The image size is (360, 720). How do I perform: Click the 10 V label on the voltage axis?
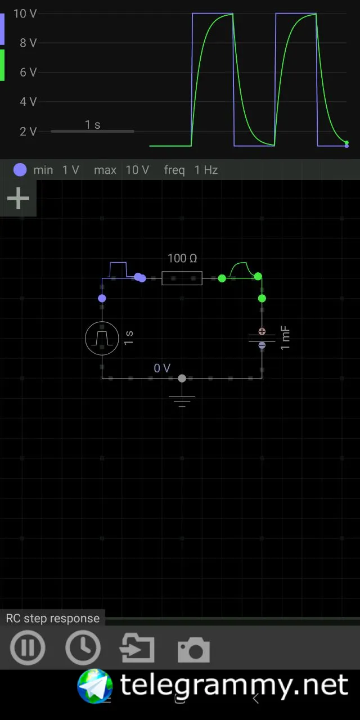25,13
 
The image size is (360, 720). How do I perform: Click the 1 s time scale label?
93,125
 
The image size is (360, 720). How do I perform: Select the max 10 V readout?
121,170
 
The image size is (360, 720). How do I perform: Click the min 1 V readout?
56,170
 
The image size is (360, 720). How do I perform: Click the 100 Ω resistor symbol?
182,278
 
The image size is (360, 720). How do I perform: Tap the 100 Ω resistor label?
182,259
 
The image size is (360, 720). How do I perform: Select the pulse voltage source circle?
102,338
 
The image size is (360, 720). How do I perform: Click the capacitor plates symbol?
262,338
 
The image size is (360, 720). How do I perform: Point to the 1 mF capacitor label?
286,337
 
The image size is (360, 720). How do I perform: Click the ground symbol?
182,399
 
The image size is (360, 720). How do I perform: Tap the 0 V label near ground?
162,368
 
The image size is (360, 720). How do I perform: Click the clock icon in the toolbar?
83,648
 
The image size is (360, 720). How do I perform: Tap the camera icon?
193,650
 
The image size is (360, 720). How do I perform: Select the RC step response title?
52,618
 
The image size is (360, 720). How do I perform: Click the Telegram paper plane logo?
95,686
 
